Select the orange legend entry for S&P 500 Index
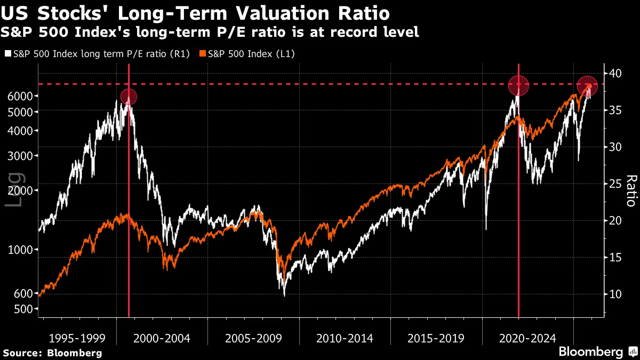tap(247, 54)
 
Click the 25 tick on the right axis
tap(615, 184)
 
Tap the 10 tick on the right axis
tap(615, 294)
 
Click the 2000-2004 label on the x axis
tap(162, 338)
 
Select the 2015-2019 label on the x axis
tap(436, 338)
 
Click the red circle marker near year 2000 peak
tap(129, 97)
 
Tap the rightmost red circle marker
tap(587, 85)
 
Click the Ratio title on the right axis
tap(630, 190)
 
